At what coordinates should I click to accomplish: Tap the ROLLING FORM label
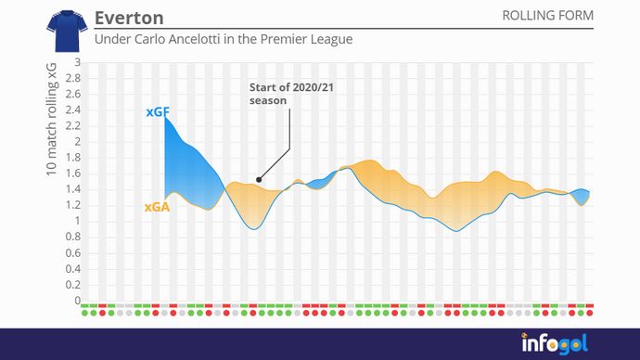pyautogui.click(x=547, y=16)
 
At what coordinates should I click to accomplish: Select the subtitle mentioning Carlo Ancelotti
pyautogui.click(x=224, y=41)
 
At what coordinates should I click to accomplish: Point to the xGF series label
pyautogui.click(x=157, y=111)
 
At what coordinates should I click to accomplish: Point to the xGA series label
pyautogui.click(x=156, y=208)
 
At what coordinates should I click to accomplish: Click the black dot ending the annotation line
pyautogui.click(x=258, y=180)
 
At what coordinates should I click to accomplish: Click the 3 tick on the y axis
pyautogui.click(x=78, y=63)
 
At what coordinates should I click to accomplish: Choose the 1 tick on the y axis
pyautogui.click(x=78, y=222)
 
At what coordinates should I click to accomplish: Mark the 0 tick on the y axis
pyautogui.click(x=78, y=301)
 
